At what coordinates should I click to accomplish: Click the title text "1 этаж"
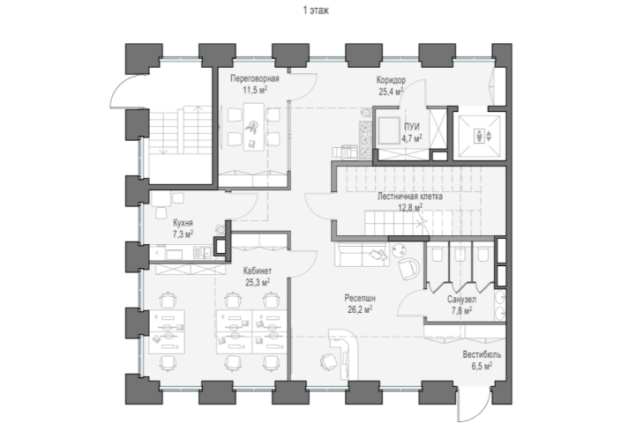coord(316,10)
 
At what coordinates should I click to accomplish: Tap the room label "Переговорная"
coord(255,78)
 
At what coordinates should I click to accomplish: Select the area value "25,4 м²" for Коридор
coord(391,92)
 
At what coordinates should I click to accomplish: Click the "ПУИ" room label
coord(412,127)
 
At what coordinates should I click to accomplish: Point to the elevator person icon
coord(480,136)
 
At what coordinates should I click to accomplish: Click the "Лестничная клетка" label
coord(410,197)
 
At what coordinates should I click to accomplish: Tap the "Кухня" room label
coord(183,223)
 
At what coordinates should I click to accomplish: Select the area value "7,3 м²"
coord(183,234)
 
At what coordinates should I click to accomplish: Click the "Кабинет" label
coord(258,271)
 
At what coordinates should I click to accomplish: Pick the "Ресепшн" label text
coord(360,298)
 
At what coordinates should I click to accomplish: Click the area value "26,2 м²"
coord(360,309)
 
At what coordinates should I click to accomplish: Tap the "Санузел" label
coord(461,300)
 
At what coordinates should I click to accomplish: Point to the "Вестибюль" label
coord(482,355)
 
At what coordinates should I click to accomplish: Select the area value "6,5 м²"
coord(482,367)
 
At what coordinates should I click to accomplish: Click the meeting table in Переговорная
coord(253,127)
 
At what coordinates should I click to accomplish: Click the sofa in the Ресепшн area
coord(362,255)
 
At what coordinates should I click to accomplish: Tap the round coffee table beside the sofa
coord(400,249)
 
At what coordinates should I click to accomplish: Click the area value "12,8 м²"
coord(410,207)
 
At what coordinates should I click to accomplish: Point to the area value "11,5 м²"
coord(255,90)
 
